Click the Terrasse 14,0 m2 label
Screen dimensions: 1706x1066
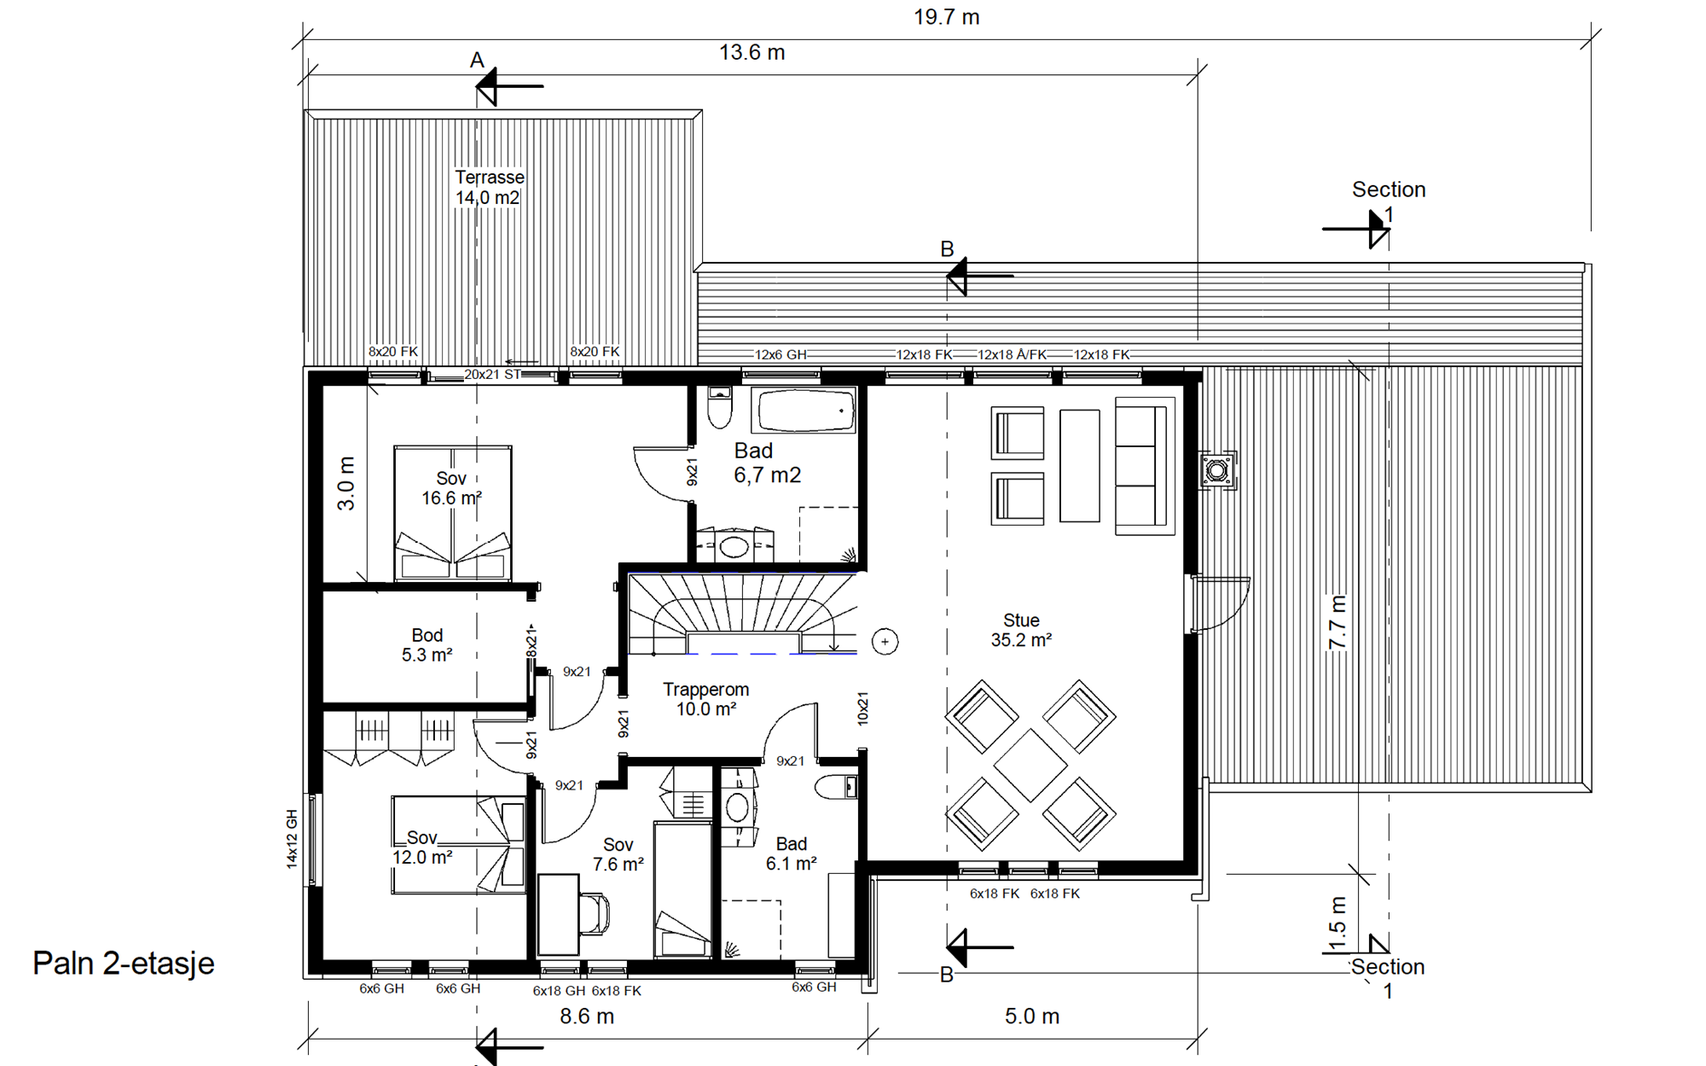tap(489, 188)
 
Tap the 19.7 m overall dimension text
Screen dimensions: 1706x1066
tap(946, 17)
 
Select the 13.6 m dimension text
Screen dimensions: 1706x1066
tap(751, 53)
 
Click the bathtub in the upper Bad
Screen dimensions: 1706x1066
tap(804, 411)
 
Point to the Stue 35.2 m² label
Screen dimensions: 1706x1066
tap(1021, 631)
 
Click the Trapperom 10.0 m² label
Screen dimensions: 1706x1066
tap(706, 699)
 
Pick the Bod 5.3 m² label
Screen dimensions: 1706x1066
tap(427, 645)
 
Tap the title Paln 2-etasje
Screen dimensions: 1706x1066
tap(124, 964)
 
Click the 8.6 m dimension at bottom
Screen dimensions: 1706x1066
tap(587, 1016)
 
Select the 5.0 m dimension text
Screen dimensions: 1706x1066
tap(1032, 1016)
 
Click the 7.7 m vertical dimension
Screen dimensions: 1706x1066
tap(1338, 622)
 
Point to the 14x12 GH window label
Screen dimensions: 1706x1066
tap(292, 839)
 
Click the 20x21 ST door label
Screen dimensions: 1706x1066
tap(492, 375)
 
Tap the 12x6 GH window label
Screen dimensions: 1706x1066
tap(780, 354)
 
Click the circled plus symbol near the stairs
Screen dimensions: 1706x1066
tap(885, 642)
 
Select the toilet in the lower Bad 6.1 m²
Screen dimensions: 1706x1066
tap(836, 786)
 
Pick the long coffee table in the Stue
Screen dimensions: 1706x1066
tap(1080, 465)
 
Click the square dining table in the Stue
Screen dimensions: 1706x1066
tap(1030, 765)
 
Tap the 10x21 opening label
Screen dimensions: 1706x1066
tap(862, 708)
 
